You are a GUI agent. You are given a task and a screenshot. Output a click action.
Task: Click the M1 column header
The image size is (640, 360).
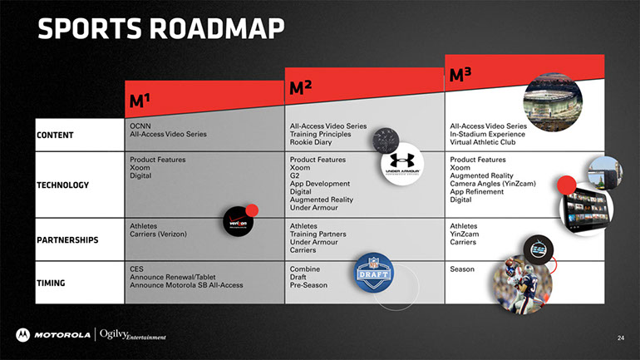pyautogui.click(x=139, y=101)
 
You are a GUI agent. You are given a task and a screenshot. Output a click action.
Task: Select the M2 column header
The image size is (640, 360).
pyautogui.click(x=300, y=88)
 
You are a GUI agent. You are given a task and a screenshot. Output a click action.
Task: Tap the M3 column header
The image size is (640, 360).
pyautogui.click(x=460, y=75)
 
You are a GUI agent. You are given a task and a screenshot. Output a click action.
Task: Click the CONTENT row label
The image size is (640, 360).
pyautogui.click(x=55, y=135)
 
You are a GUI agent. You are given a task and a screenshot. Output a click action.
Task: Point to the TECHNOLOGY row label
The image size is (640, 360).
pyautogui.click(x=63, y=185)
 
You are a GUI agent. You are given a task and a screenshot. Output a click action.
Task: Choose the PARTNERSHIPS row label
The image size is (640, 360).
pyautogui.click(x=67, y=240)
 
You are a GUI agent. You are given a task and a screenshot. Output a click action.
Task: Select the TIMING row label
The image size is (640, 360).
pyautogui.click(x=51, y=283)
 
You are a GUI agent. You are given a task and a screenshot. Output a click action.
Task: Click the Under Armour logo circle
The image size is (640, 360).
pyautogui.click(x=402, y=164)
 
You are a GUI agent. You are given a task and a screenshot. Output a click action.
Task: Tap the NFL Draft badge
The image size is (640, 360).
pyautogui.click(x=373, y=273)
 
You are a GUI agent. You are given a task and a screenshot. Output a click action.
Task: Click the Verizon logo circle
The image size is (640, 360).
pyautogui.click(x=239, y=222)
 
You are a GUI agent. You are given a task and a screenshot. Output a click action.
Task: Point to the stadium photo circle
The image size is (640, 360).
pyautogui.click(x=553, y=102)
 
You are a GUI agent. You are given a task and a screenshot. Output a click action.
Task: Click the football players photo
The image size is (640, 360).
pyautogui.click(x=523, y=284)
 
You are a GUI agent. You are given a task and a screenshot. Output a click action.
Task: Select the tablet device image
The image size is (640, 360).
pyautogui.click(x=587, y=209)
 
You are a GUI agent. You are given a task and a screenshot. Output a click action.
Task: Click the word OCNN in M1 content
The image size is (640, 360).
pyautogui.click(x=140, y=126)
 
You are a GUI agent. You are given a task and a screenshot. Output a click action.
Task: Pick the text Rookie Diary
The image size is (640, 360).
pyautogui.click(x=311, y=142)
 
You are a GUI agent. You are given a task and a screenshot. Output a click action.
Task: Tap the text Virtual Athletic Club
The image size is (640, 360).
pyautogui.click(x=482, y=142)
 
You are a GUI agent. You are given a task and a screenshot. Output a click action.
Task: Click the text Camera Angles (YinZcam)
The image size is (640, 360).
pyautogui.click(x=493, y=184)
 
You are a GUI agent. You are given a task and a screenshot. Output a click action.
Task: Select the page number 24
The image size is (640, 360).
pyautogui.click(x=620, y=338)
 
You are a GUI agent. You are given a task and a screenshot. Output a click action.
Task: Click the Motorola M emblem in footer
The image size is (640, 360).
pyautogui.click(x=23, y=335)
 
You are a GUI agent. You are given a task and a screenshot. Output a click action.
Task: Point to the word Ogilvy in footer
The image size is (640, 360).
pyautogui.click(x=114, y=334)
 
